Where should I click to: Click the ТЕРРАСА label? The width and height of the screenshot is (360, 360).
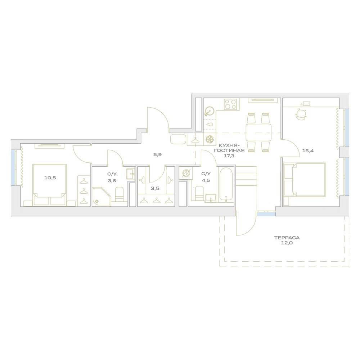287,238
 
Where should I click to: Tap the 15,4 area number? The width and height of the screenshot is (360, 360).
308,151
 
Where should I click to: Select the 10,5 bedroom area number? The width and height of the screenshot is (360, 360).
50,178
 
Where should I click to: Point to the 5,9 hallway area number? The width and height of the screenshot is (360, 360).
158,154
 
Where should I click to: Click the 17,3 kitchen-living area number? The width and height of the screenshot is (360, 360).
229,156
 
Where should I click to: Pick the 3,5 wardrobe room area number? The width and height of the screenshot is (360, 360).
155,188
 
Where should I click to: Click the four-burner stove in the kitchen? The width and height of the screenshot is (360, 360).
231,104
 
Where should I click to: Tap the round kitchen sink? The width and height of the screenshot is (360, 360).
210,112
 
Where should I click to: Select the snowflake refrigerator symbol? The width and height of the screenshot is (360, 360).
210,139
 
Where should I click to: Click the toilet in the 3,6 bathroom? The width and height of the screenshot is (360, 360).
119,194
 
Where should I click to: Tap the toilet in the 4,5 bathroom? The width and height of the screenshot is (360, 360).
199,193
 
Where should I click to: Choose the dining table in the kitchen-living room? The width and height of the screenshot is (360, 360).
258,132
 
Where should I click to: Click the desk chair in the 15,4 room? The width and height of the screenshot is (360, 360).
301,114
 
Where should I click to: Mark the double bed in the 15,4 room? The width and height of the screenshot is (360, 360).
305,180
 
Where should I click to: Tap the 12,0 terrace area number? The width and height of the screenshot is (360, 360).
287,243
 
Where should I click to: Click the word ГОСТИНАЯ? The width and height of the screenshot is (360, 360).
229,150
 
